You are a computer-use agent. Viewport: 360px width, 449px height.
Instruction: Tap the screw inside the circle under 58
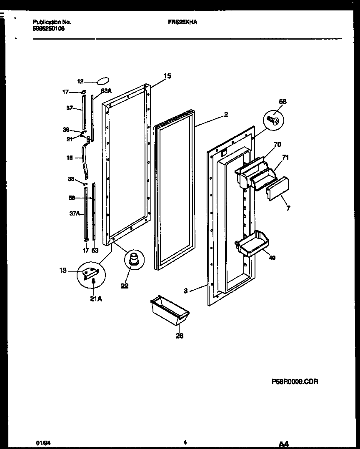(x=273, y=121)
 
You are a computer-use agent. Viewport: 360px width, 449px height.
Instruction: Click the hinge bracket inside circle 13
(x=90, y=273)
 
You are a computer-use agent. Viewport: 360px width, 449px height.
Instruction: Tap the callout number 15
(x=167, y=76)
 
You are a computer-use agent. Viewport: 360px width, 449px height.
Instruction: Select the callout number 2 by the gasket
(x=226, y=114)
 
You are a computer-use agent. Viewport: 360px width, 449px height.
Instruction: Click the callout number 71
(x=285, y=157)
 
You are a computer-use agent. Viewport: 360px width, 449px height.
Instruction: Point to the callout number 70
(x=277, y=145)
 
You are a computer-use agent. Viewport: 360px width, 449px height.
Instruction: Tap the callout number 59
(x=72, y=198)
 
